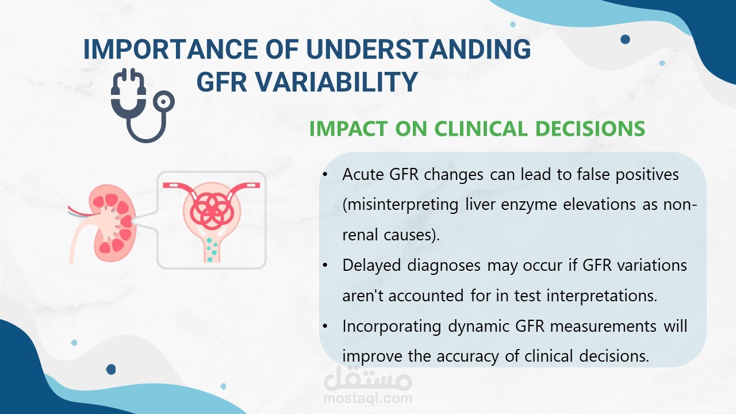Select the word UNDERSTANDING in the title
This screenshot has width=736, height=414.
418,49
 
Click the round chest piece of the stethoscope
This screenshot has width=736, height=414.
162,102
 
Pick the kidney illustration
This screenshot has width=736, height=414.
102,224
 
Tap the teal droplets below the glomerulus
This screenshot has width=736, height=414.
212,250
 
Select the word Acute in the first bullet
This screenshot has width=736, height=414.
363,174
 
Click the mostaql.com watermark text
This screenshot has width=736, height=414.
367,398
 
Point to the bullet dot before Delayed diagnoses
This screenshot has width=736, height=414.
325,265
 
